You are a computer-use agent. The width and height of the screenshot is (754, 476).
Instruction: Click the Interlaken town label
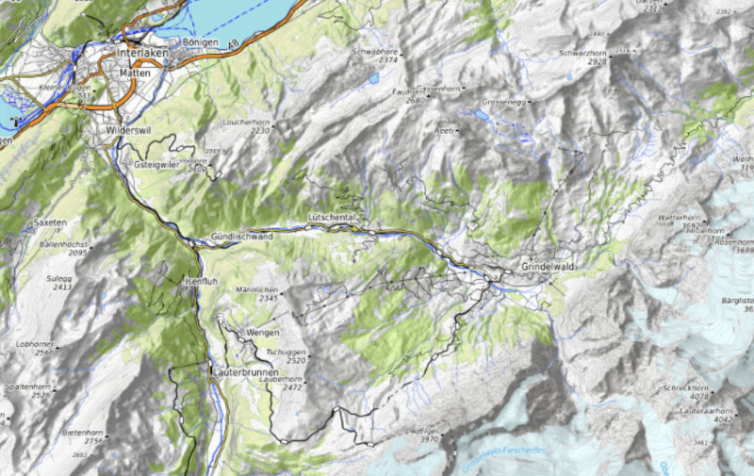click(x=141, y=54)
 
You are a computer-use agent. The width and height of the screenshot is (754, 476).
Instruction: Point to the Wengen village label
click(x=263, y=334)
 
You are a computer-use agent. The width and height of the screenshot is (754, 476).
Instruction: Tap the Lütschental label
click(x=332, y=217)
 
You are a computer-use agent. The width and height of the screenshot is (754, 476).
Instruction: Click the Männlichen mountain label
click(x=255, y=288)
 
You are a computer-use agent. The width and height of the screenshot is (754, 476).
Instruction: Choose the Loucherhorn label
click(x=246, y=123)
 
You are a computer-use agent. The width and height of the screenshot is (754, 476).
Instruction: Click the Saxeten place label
click(x=50, y=222)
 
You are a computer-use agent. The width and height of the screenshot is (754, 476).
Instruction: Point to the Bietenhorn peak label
click(x=81, y=431)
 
